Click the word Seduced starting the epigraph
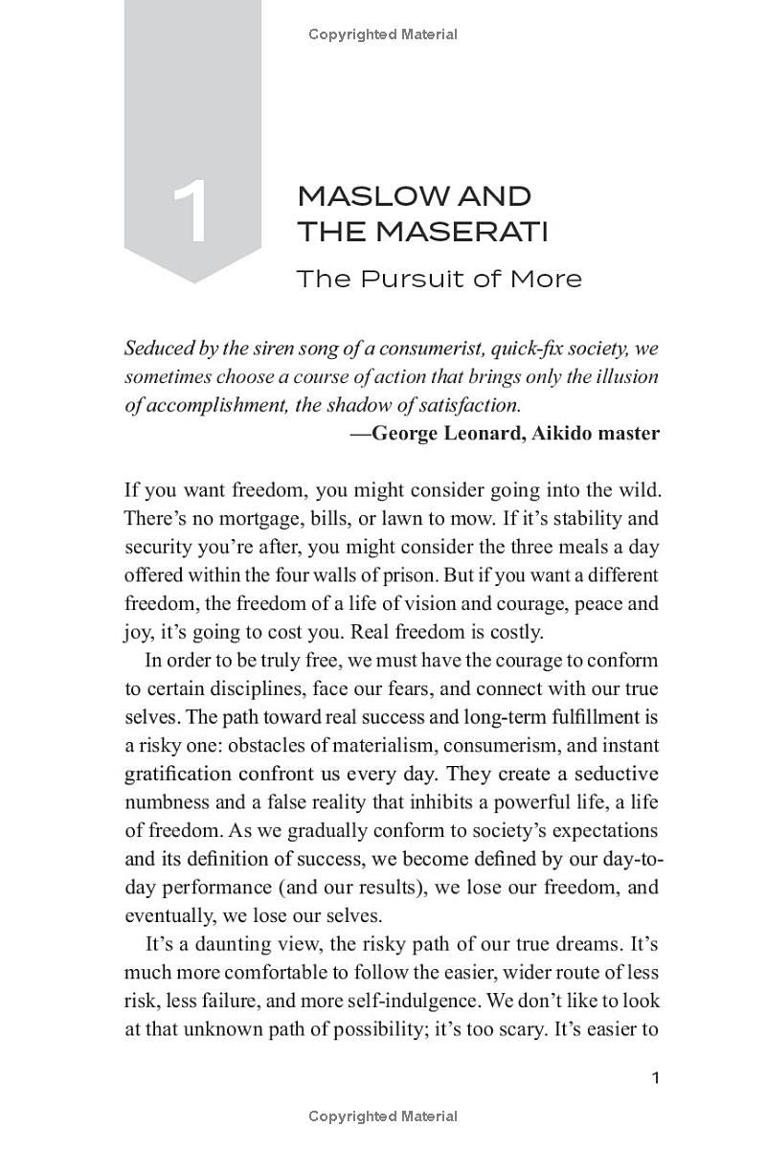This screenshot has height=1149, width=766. pos(158,349)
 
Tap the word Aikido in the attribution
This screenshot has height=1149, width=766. pos(559,433)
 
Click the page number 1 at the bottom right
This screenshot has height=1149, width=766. pos(656,1079)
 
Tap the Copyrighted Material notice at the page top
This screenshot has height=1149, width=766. pos(383,34)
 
